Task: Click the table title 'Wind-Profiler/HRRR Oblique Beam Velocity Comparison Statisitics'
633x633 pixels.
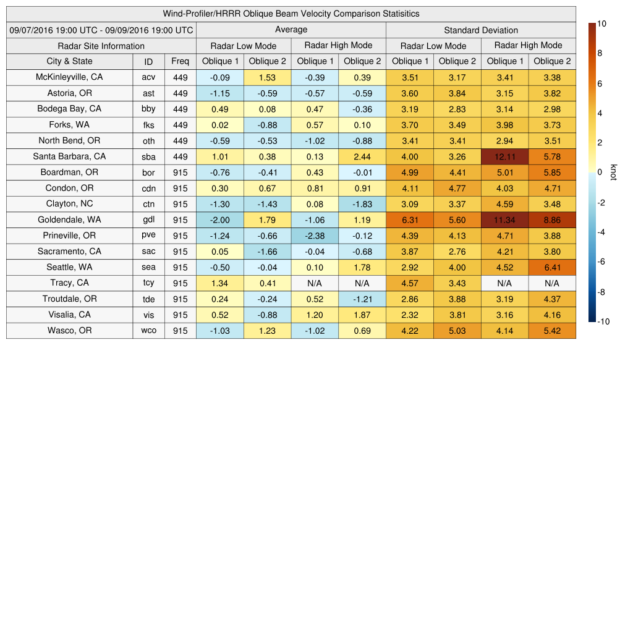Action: click(x=291, y=14)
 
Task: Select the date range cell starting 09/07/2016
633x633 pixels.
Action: click(x=101, y=30)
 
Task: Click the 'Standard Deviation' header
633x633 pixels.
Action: click(x=481, y=30)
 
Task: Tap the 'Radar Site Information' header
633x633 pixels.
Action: click(x=101, y=46)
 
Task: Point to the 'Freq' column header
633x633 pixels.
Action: click(x=181, y=61)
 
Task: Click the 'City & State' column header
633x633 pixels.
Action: click(x=69, y=61)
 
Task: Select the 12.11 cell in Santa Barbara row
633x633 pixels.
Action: click(x=505, y=156)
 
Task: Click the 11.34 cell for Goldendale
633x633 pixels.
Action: click(x=505, y=220)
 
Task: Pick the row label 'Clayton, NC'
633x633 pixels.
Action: click(x=69, y=204)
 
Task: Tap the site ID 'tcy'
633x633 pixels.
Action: click(x=148, y=283)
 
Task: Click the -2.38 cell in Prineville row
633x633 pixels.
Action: click(x=315, y=236)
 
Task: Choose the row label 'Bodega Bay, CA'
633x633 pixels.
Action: click(x=69, y=109)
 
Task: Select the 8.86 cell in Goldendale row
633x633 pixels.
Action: click(x=552, y=220)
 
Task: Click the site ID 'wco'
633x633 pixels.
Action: click(x=148, y=331)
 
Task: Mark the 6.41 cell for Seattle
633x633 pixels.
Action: click(x=552, y=268)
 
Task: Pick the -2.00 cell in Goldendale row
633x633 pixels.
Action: click(x=220, y=220)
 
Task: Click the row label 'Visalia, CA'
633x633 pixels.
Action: click(x=69, y=315)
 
